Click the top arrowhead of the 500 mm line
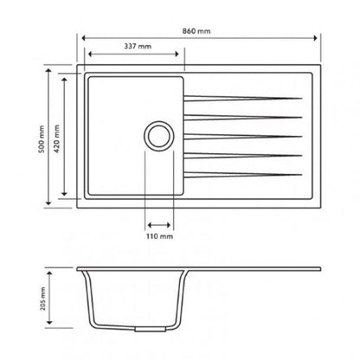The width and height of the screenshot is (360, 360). click(x=48, y=66)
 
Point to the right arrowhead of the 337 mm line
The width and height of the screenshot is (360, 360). click(x=182, y=54)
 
